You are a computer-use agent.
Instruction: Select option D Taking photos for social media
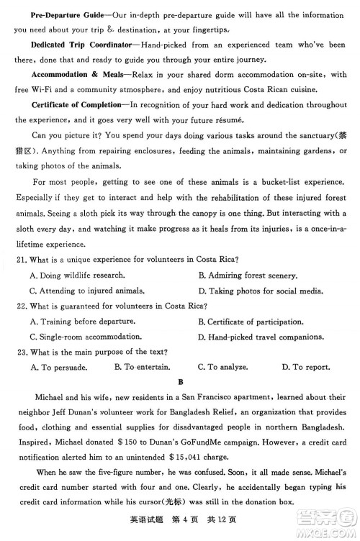[x=257, y=291]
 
